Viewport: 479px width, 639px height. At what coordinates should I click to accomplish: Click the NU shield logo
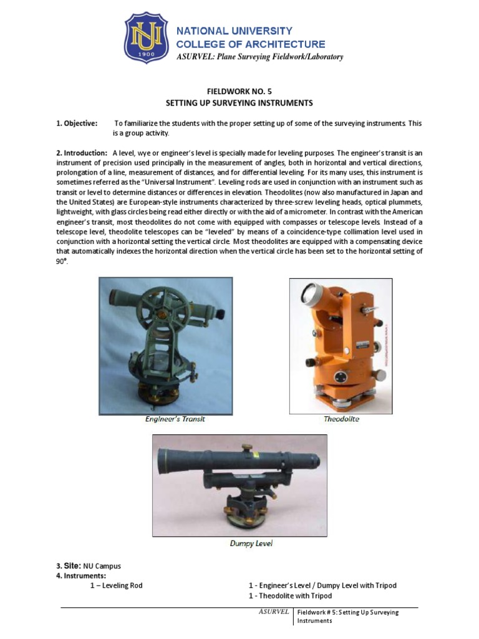point(147,38)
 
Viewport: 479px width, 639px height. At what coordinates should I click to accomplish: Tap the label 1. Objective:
point(77,124)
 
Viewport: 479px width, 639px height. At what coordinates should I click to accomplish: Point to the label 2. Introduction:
point(82,153)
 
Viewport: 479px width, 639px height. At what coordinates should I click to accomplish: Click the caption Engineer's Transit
point(175,419)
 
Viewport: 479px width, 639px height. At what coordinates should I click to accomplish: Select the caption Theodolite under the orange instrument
point(341,419)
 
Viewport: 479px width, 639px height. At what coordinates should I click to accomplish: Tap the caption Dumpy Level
point(251,543)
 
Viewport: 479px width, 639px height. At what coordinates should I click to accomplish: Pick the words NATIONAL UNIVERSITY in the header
point(235,31)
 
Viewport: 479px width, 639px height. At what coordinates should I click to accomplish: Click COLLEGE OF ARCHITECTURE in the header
point(251,44)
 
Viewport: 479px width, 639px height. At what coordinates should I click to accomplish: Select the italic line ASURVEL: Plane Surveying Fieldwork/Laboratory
point(259,57)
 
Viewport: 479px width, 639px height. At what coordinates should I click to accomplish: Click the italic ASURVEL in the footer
point(274,612)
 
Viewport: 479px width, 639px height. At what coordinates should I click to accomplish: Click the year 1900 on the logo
point(147,55)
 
